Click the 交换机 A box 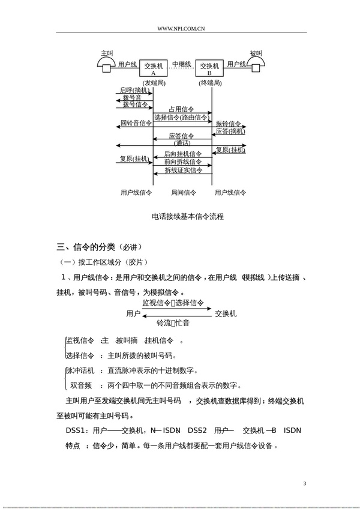153,68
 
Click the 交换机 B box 209,68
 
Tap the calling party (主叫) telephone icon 107,62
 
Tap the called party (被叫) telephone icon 256,62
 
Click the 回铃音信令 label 135,123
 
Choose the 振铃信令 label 228,124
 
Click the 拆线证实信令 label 183,171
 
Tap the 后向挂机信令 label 183,154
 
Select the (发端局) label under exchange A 153,82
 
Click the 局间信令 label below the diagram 183,193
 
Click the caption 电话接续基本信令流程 184,216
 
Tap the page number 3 305,483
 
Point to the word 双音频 80,385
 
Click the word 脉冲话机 80,370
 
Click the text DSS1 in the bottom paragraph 75,431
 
